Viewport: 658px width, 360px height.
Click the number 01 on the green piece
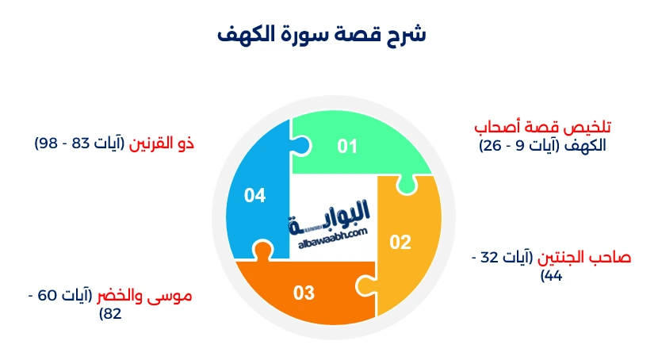347,147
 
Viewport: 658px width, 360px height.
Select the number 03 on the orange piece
304,293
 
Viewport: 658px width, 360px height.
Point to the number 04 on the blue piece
254,195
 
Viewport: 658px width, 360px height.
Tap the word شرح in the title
409,35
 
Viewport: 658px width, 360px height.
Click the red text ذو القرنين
162,144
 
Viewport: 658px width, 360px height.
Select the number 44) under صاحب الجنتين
552,276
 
